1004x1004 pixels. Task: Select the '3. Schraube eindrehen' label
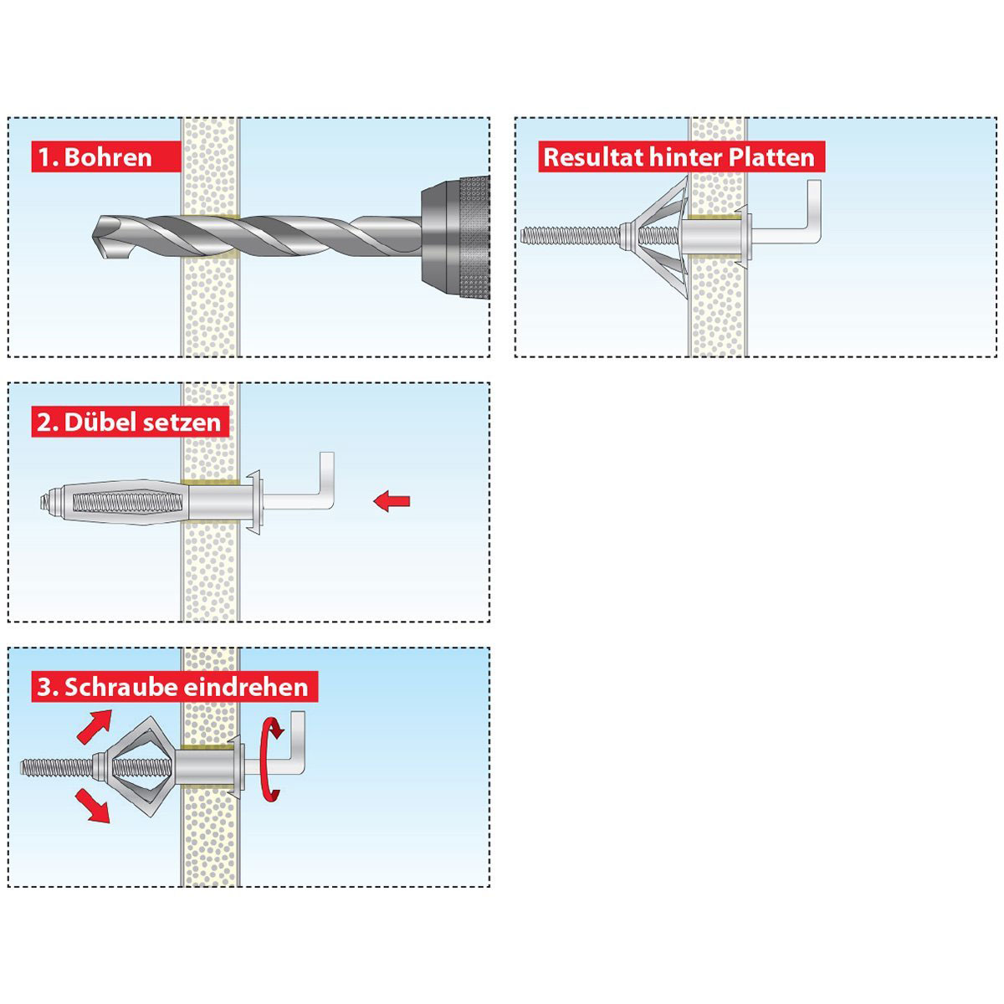click(x=173, y=687)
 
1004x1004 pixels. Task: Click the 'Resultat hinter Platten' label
click(x=679, y=156)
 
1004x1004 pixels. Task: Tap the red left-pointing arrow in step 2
click(x=392, y=501)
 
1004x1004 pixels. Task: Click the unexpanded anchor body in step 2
click(x=117, y=502)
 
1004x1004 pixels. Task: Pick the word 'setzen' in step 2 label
click(x=182, y=422)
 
